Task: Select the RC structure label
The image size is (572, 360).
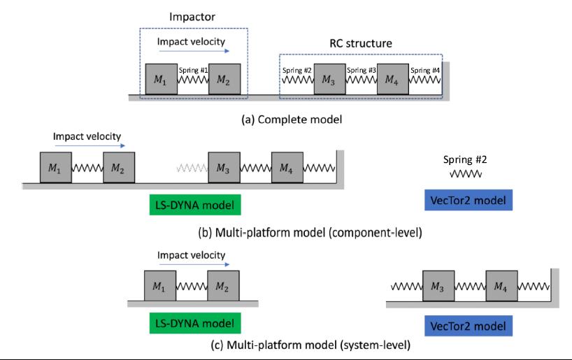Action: click(x=361, y=43)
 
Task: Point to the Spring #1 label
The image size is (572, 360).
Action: click(x=194, y=70)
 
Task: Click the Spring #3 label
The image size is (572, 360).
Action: click(x=362, y=70)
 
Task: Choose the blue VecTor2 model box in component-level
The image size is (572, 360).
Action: click(x=469, y=201)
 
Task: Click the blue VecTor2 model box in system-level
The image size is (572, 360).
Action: click(x=468, y=325)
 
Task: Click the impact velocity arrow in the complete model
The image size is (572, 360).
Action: click(x=193, y=51)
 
